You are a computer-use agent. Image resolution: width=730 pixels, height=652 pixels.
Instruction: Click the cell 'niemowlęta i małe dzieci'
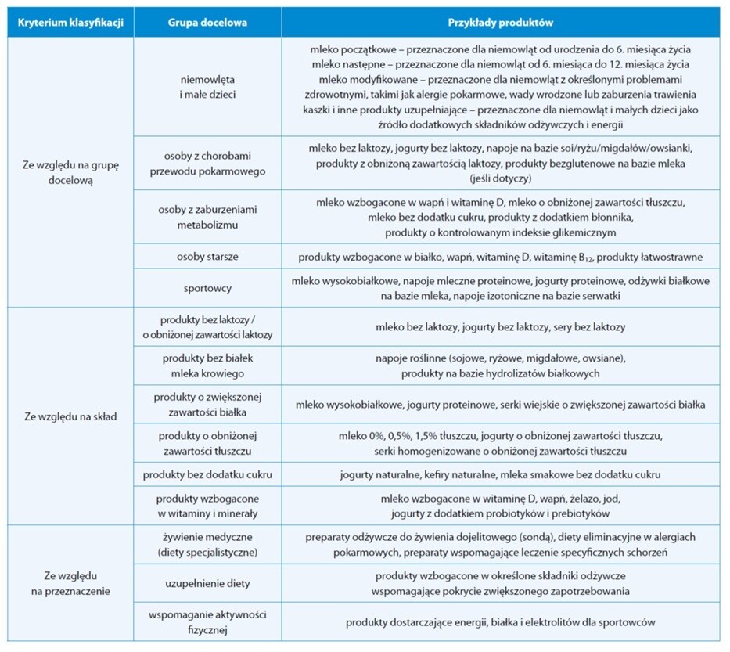pos(207,87)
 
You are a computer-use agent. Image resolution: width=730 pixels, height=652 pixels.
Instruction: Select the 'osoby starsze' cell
pos(207,257)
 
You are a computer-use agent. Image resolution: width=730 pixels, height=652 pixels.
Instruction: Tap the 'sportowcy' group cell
pos(207,288)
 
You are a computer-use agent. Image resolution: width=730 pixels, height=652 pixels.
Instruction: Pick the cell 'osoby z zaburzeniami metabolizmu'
pos(207,218)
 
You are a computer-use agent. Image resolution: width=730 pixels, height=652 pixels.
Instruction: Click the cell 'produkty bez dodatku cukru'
pos(207,474)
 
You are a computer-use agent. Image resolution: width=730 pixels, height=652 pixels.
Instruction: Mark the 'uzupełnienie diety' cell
pos(207,583)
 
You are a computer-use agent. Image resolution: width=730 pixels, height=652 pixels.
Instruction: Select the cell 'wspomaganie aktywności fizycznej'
pos(207,622)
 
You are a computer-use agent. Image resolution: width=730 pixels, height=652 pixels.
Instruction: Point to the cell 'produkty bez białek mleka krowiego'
pos(207,366)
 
